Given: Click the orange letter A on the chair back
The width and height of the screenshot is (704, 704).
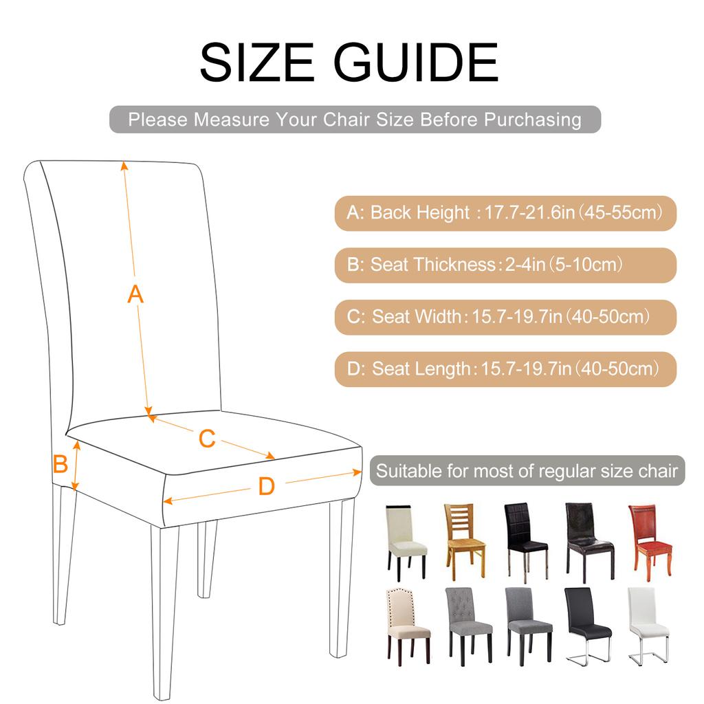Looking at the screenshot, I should (x=136, y=294).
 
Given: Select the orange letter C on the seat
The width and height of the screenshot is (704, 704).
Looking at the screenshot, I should (x=207, y=438).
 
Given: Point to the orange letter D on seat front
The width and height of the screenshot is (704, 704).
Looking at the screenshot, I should (x=266, y=487).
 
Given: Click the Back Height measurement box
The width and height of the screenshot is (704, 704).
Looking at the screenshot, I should (x=505, y=212).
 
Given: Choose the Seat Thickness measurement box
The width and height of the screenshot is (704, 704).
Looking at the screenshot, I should (x=505, y=265).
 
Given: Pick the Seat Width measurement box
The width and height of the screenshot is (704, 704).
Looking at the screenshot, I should (x=505, y=317).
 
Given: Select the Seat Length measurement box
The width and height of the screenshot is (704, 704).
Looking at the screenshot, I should (x=505, y=369).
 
